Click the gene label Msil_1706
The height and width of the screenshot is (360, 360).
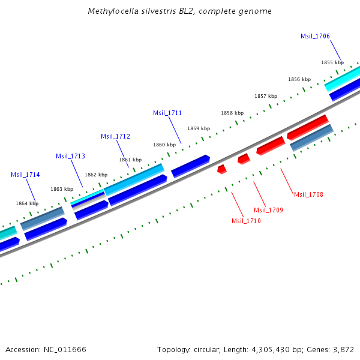315,36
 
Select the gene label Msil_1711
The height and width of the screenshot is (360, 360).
167,113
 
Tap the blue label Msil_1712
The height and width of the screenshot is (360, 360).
115,136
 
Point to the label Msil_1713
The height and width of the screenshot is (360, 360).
70,156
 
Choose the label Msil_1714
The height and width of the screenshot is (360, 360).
25,175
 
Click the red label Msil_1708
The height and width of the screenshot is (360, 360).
308,194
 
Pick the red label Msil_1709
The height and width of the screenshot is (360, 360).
268,210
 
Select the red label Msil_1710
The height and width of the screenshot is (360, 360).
246,221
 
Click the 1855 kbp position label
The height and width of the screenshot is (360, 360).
332,62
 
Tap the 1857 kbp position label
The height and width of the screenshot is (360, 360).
266,96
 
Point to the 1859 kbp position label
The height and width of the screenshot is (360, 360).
199,128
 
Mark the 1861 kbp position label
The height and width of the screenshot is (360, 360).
130,160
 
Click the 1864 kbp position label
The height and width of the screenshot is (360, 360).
27,203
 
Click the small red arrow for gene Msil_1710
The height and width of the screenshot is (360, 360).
221,169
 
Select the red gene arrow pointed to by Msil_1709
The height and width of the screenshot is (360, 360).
243,158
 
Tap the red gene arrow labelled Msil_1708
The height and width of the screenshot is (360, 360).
270,145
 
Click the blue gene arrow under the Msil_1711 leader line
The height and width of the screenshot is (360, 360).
190,166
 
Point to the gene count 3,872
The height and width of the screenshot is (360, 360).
343,349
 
